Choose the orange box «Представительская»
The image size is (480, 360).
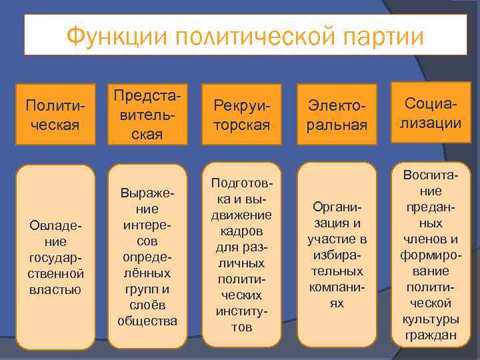(147, 113)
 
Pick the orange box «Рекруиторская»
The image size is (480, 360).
(242, 115)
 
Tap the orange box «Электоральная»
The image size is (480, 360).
(337, 115)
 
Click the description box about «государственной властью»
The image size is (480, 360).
(55, 257)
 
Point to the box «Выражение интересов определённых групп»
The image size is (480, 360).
(147, 257)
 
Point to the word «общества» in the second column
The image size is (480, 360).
(147, 321)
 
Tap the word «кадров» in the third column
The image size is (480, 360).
(242, 231)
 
